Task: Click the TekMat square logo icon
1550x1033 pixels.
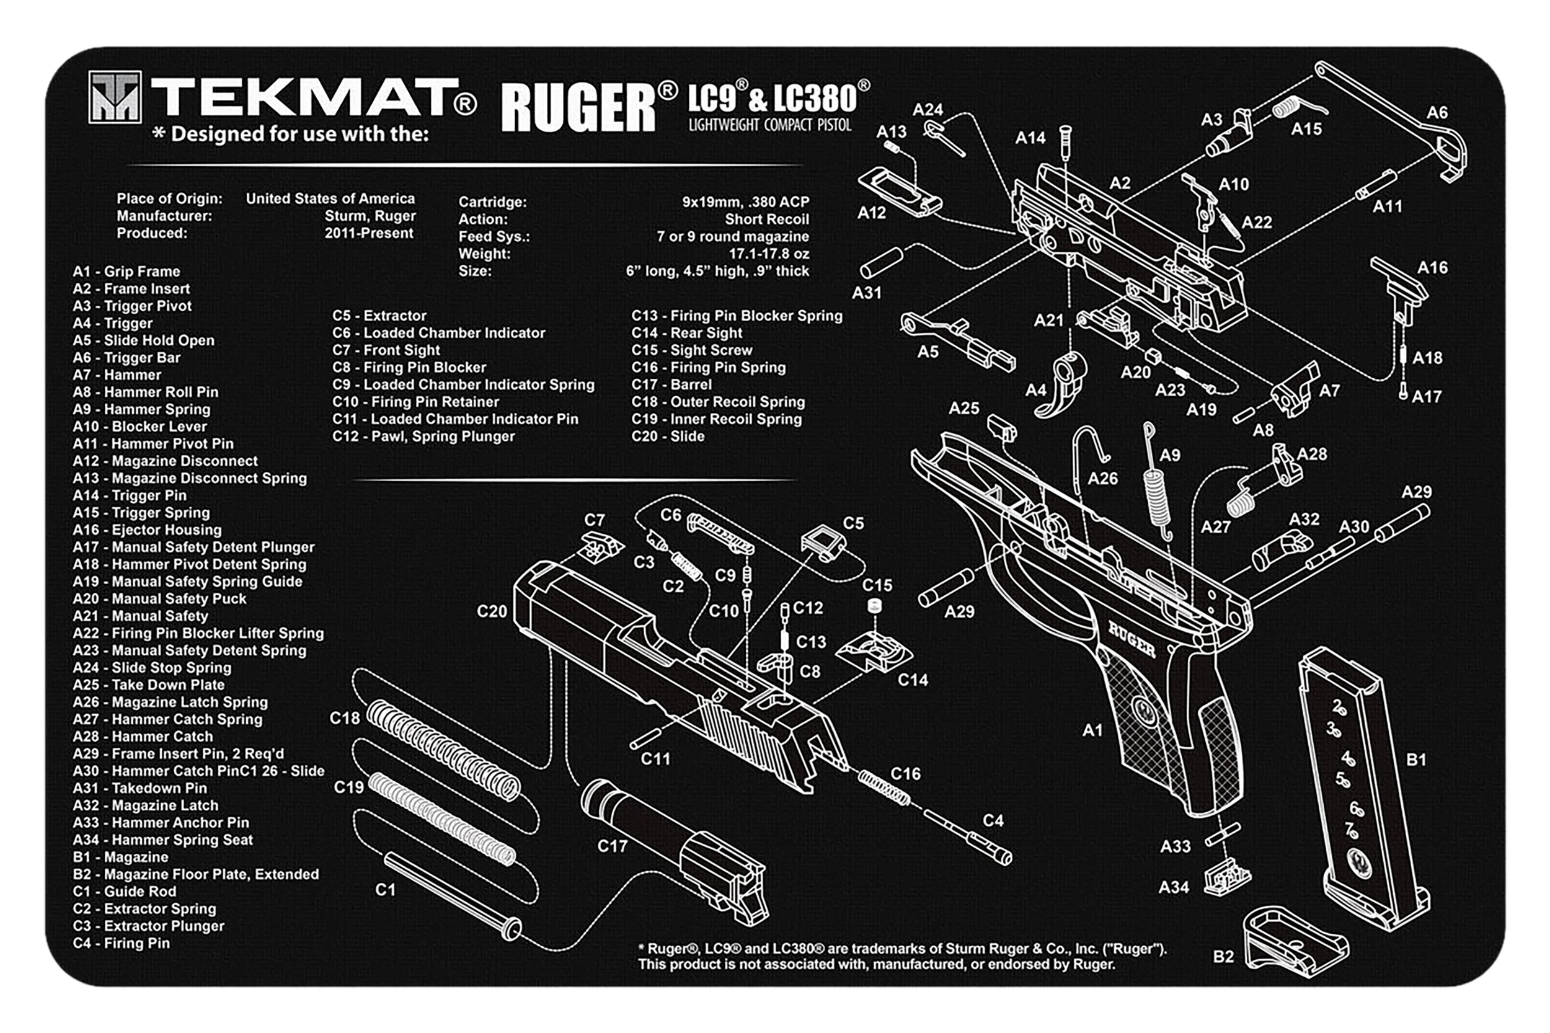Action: pyautogui.click(x=115, y=97)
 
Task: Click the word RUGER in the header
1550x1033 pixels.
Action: pyautogui.click(x=578, y=107)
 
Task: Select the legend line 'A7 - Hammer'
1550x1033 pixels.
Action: pyautogui.click(x=117, y=375)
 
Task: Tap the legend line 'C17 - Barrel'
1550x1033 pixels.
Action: pyautogui.click(x=671, y=384)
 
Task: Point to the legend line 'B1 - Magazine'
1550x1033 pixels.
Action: pyautogui.click(x=120, y=857)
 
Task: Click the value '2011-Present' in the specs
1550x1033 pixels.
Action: pyautogui.click(x=369, y=233)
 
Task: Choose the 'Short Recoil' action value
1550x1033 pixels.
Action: pyautogui.click(x=767, y=219)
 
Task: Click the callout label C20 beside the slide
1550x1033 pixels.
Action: pyautogui.click(x=492, y=611)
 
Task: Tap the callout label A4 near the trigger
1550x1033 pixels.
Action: pyautogui.click(x=1035, y=391)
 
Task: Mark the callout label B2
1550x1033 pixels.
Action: pyautogui.click(x=1223, y=956)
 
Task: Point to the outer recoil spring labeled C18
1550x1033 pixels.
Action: pyautogui.click(x=443, y=750)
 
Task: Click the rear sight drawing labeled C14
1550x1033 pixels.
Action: pyautogui.click(x=874, y=651)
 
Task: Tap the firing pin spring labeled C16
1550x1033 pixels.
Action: pyautogui.click(x=884, y=788)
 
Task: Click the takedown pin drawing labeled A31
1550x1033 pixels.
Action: pyautogui.click(x=882, y=263)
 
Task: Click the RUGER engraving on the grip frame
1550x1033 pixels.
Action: pyautogui.click(x=1131, y=640)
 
